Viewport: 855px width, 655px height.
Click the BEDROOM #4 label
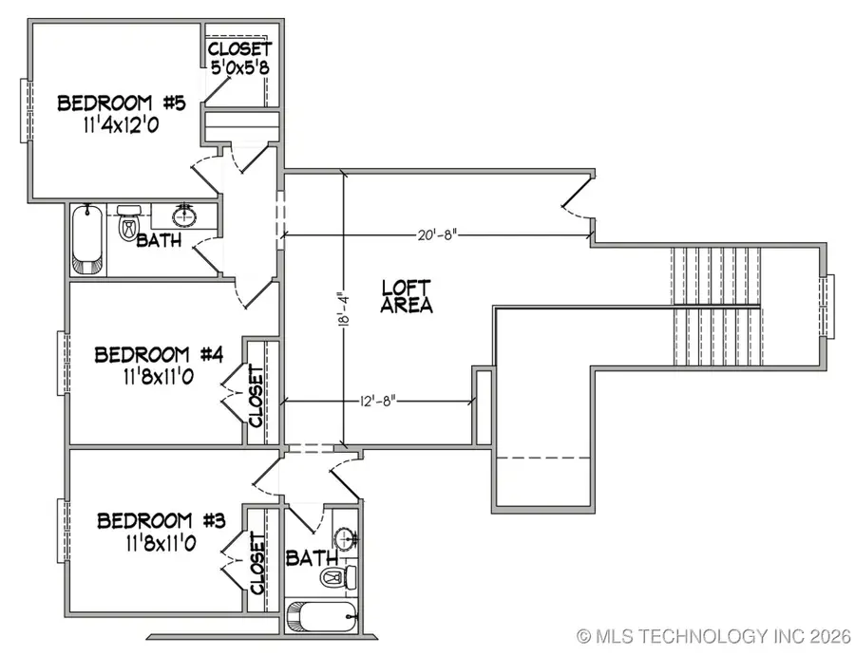click(159, 355)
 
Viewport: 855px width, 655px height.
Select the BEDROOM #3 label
click(161, 521)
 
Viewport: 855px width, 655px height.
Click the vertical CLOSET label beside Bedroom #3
click(256, 562)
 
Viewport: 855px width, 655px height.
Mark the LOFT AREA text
click(407, 296)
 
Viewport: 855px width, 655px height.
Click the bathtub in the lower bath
click(323, 618)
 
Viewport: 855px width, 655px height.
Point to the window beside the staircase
click(827, 307)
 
